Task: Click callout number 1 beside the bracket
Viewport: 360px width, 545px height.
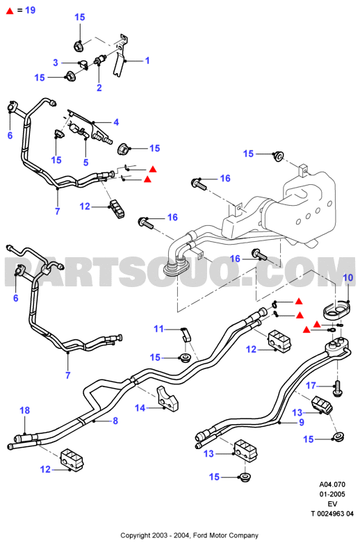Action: tap(147, 60)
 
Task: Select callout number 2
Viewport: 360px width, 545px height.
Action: tap(99, 88)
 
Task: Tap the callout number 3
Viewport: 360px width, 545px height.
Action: tap(56, 63)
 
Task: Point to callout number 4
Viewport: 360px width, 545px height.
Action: tap(116, 122)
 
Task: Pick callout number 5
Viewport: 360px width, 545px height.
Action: tap(86, 163)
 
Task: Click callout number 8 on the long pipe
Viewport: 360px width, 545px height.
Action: tap(115, 421)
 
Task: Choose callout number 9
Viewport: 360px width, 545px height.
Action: tap(302, 423)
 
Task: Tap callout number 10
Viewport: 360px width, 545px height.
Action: tap(347, 278)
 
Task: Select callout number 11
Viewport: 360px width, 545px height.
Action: tap(158, 329)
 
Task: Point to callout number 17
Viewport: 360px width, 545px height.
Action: tap(311, 385)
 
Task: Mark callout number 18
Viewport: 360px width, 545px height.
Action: tap(25, 410)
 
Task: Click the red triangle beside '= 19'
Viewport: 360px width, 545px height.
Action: tap(10, 11)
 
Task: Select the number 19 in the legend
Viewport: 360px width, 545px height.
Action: tap(31, 10)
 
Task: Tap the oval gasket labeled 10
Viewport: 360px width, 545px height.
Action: tap(335, 311)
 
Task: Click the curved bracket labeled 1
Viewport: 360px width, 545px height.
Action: tap(120, 55)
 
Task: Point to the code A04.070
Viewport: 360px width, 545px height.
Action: tap(332, 484)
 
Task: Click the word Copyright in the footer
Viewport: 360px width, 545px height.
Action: tap(135, 535)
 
